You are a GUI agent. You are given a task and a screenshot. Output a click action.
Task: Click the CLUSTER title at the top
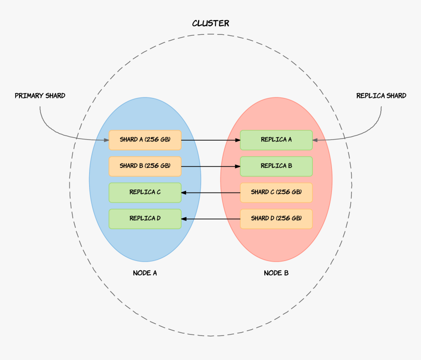(x=210, y=24)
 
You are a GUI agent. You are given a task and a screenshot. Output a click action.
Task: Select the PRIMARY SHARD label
(x=40, y=96)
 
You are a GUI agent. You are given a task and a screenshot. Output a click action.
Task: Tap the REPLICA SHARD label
(x=381, y=96)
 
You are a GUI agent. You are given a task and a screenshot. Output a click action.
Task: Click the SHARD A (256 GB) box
(x=145, y=140)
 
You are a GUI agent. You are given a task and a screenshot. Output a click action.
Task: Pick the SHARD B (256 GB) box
(x=145, y=166)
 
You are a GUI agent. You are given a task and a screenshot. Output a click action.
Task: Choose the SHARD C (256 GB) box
(x=276, y=192)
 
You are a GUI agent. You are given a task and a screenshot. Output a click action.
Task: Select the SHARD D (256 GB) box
(x=276, y=218)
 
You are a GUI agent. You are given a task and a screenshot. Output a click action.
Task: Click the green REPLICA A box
(x=276, y=140)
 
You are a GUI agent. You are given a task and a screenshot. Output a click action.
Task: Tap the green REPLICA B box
(x=276, y=166)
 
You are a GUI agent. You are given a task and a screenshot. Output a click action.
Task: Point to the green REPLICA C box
(x=145, y=192)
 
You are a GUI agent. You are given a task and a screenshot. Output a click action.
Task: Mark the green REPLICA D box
(x=145, y=218)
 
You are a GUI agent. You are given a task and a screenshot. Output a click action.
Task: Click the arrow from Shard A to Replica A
(x=210, y=140)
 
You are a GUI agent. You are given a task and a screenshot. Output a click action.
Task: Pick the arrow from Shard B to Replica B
(x=210, y=167)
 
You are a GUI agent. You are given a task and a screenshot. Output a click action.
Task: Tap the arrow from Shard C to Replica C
(x=210, y=192)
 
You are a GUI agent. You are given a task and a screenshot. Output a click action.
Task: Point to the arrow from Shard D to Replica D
(x=210, y=218)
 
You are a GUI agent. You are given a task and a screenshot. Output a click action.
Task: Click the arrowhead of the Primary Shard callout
(x=106, y=140)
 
